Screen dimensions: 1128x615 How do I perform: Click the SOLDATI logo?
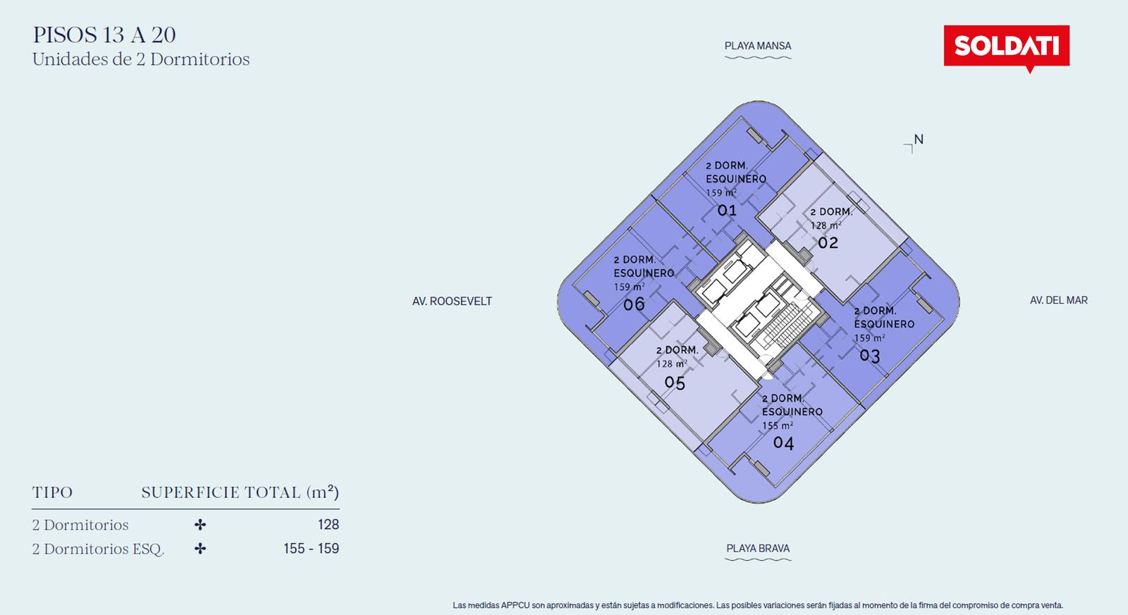pyautogui.click(x=1006, y=46)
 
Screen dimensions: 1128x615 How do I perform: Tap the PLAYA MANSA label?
pyautogui.click(x=758, y=46)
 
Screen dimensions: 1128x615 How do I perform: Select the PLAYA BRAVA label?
pyautogui.click(x=758, y=548)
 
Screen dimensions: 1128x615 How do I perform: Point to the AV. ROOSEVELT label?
pyautogui.click(x=452, y=301)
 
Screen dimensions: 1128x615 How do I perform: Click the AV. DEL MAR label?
pyautogui.click(x=1058, y=300)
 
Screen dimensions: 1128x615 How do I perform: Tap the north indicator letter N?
pyautogui.click(x=919, y=139)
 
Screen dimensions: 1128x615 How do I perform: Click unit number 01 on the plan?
pyautogui.click(x=727, y=210)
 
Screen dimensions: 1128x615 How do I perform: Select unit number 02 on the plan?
pyautogui.click(x=828, y=243)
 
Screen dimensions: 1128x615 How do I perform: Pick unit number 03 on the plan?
pyautogui.click(x=870, y=356)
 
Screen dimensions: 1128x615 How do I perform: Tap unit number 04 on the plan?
pyautogui.click(x=783, y=443)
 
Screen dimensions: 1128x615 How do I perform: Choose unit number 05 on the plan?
pyautogui.click(x=675, y=383)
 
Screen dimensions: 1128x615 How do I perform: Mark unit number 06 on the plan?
pyautogui.click(x=634, y=304)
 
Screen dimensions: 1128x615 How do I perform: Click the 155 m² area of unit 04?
pyautogui.click(x=778, y=425)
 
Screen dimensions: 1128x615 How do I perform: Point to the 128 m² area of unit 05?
pyautogui.click(x=672, y=364)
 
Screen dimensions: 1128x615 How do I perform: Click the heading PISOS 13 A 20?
pyautogui.click(x=104, y=35)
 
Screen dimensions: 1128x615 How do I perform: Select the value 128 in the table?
pyautogui.click(x=329, y=524)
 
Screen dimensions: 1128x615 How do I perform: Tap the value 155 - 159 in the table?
pyautogui.click(x=311, y=548)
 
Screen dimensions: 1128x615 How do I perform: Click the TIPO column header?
pyautogui.click(x=52, y=492)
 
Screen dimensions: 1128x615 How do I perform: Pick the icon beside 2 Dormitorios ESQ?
pyautogui.click(x=200, y=548)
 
